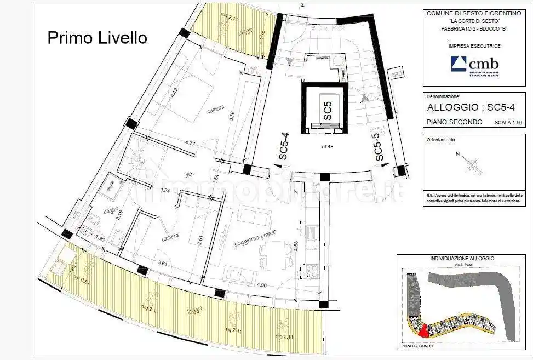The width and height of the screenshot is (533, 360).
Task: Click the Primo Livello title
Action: pyautogui.click(x=97, y=38)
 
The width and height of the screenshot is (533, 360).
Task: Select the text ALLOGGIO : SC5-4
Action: pyautogui.click(x=469, y=108)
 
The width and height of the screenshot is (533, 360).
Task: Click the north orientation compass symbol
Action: pyautogui.click(x=472, y=164)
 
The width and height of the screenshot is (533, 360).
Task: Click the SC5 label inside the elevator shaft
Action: pyautogui.click(x=327, y=111)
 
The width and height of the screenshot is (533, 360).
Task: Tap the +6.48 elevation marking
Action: pyautogui.click(x=327, y=147)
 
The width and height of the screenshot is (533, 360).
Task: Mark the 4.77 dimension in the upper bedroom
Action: pyautogui.click(x=190, y=144)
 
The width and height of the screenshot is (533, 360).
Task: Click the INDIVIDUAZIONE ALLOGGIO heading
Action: pyautogui.click(x=462, y=258)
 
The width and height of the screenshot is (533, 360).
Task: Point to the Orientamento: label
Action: pyautogui.click(x=440, y=140)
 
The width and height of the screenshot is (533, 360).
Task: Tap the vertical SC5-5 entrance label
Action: pyautogui.click(x=379, y=148)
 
